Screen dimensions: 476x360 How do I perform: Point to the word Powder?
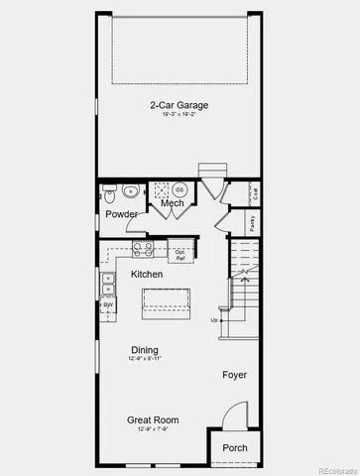click(x=121, y=214)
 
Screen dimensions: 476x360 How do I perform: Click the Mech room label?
click(x=173, y=203)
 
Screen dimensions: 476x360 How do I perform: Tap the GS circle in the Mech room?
click(x=180, y=188)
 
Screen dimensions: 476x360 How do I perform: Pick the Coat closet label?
click(x=256, y=194)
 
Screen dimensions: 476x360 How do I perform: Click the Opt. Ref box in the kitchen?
click(x=180, y=254)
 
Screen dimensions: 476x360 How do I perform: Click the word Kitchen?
click(x=147, y=274)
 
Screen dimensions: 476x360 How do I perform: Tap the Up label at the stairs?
click(x=213, y=320)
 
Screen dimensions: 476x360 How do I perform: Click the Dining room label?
click(x=146, y=349)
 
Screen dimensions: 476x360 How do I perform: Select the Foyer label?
click(x=234, y=375)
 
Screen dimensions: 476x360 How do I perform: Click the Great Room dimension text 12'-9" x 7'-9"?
click(x=146, y=430)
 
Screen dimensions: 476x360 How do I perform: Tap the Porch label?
click(x=235, y=447)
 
